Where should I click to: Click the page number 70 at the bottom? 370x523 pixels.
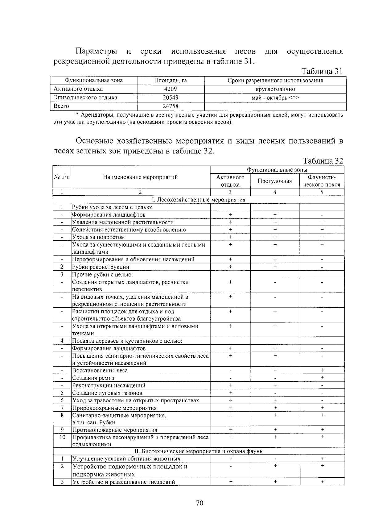tap(199, 503)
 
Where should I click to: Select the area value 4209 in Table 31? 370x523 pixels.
tap(171, 89)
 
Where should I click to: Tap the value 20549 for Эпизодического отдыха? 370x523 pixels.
tap(171, 98)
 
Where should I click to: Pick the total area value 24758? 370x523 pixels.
tap(171, 106)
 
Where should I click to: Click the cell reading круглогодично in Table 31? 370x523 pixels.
tap(275, 89)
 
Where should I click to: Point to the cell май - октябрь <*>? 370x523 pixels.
tap(275, 98)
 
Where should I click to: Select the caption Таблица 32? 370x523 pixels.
tap(323, 161)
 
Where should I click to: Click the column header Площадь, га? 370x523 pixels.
tap(171, 81)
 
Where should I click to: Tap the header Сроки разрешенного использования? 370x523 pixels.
tap(275, 81)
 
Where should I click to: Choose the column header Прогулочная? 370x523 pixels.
tap(275, 181)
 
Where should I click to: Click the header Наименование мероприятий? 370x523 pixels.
tap(140, 177)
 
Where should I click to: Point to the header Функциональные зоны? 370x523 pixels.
tap(277, 170)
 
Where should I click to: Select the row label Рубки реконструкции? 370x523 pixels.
tap(101, 267)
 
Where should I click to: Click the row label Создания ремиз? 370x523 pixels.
tap(93, 378)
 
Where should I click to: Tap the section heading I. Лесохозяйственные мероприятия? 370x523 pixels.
tap(199, 200)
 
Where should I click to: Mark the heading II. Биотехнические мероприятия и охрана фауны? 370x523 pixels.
tap(199, 451)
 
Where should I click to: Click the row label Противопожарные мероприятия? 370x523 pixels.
tap(115, 430)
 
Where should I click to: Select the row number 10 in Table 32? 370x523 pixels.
tap(62, 437)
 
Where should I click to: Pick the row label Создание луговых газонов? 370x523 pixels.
tap(107, 393)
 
